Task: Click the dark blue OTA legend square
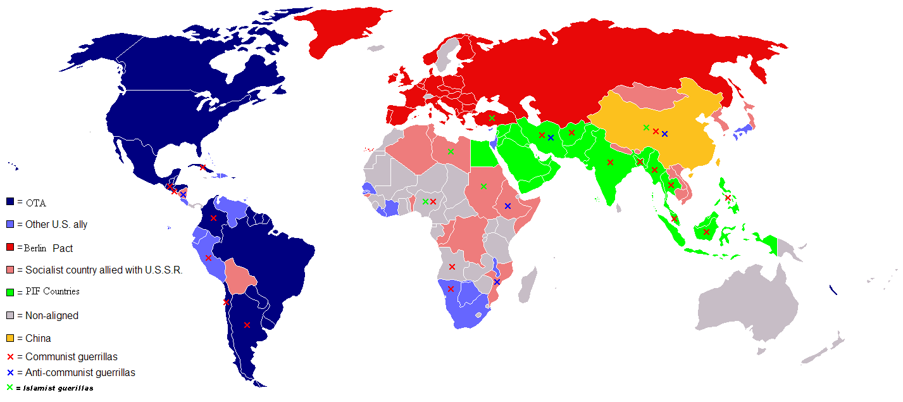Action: (x=10, y=201)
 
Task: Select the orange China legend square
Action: (x=10, y=338)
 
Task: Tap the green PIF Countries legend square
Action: (x=10, y=292)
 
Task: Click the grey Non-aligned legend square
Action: (x=10, y=315)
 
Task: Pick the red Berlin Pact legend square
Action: (x=10, y=247)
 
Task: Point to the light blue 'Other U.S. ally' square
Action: (x=10, y=224)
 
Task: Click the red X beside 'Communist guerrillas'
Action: (x=10, y=357)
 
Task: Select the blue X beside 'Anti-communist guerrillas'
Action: (x=10, y=373)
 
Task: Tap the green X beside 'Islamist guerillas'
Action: (x=9, y=387)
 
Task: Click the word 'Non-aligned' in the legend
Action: (x=52, y=315)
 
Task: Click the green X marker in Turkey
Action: (x=492, y=118)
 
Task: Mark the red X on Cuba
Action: (x=202, y=168)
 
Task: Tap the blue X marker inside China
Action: (x=664, y=134)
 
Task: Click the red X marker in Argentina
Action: (x=247, y=325)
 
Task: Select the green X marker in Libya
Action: (x=451, y=151)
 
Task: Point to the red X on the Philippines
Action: (x=728, y=198)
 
